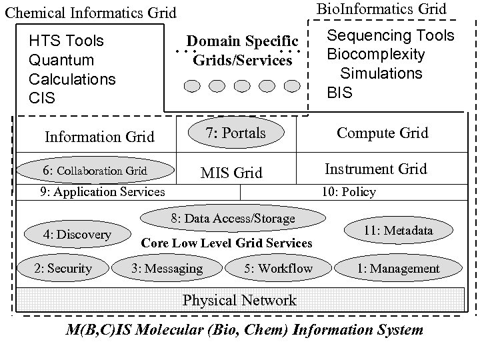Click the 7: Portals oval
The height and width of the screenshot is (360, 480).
coord(235,133)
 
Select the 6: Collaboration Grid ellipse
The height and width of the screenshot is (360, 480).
coord(95,171)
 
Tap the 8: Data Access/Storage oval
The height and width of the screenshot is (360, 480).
coord(233,219)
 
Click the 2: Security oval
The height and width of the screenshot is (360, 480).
coord(63,269)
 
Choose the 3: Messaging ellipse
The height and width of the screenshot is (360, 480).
coord(167,269)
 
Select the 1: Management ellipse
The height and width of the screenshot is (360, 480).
coord(398,269)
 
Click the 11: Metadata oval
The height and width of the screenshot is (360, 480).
coord(398,231)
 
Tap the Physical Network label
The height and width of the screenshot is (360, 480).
coord(239,300)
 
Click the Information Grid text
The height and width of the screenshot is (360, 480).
coord(99,137)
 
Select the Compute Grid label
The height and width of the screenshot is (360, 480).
coord(383,133)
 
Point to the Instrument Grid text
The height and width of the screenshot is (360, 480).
coord(375,169)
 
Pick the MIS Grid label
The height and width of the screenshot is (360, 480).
coord(231,173)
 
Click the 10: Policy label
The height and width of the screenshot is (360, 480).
coord(348,192)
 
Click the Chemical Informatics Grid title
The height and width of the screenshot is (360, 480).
coord(91,12)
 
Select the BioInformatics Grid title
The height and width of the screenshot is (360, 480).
coord(381,9)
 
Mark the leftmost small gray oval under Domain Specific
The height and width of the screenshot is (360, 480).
coord(192,86)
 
